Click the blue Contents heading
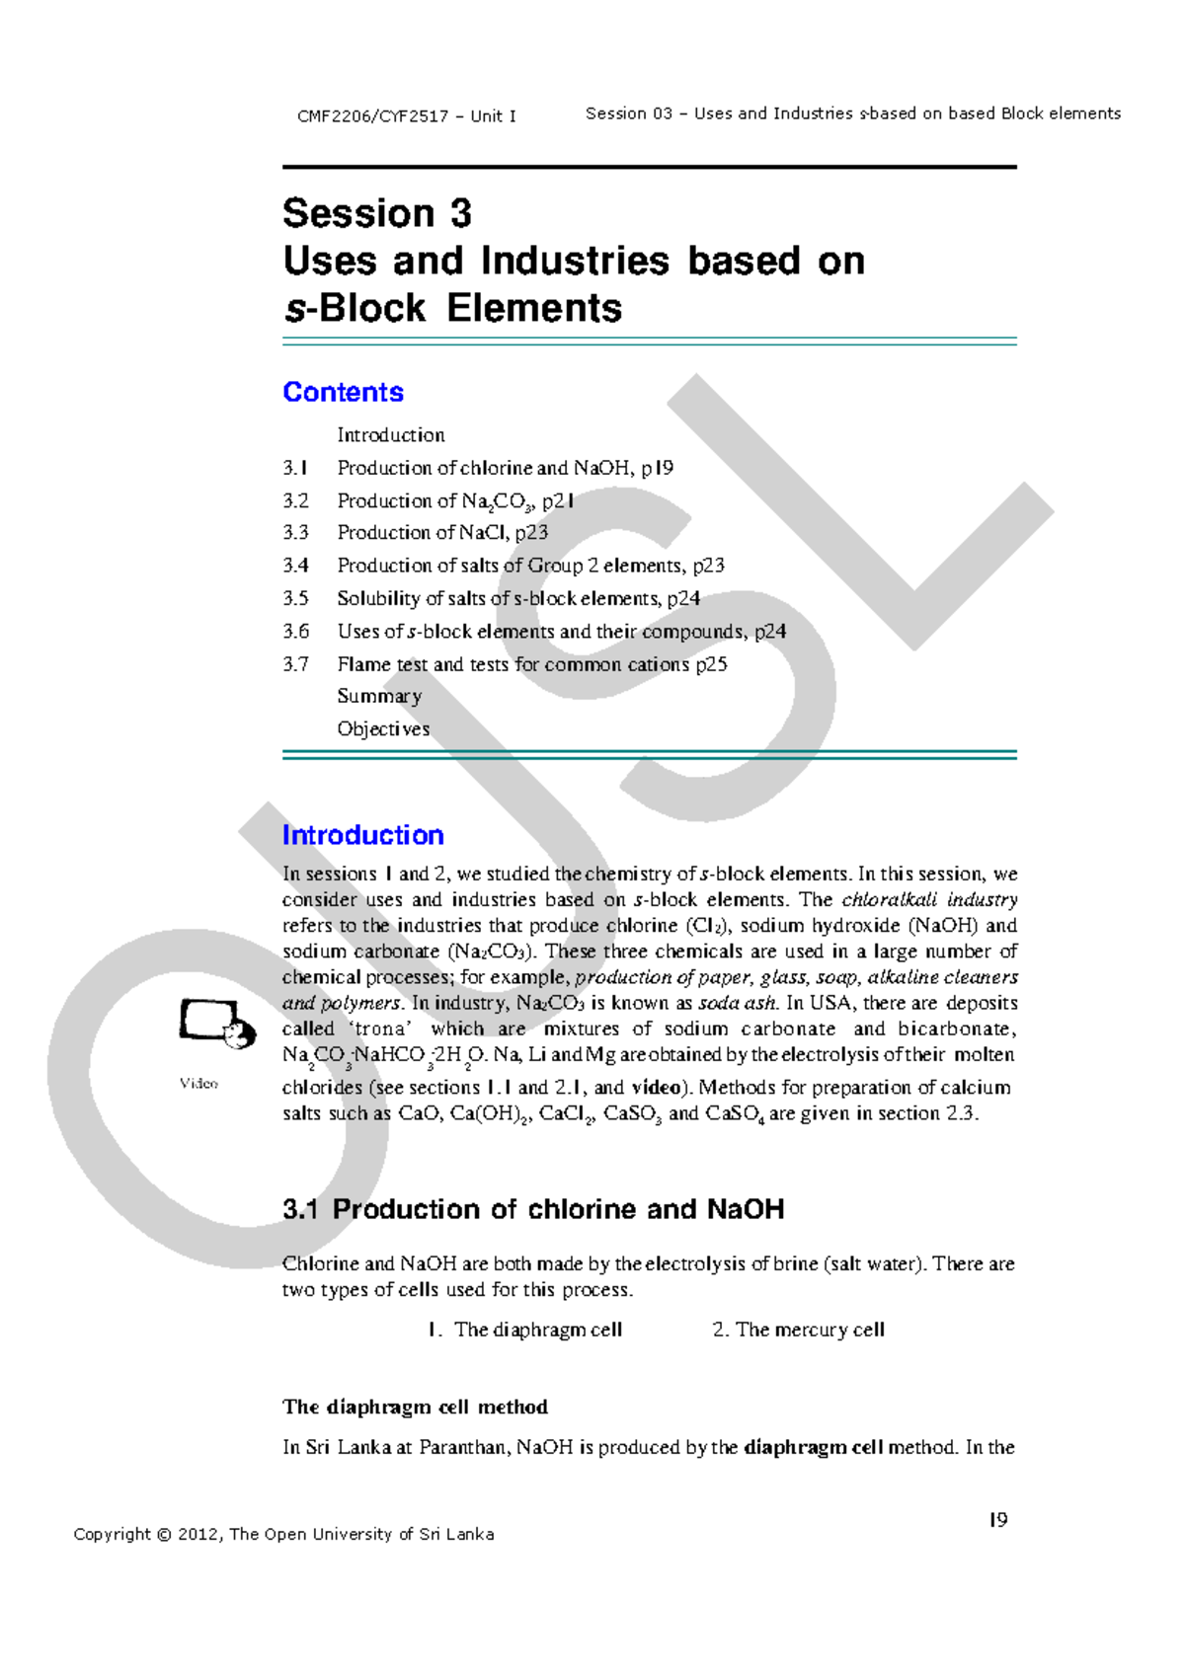pos(343,392)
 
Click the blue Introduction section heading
pos(362,835)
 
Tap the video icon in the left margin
pos(211,1023)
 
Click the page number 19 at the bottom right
pos(998,1520)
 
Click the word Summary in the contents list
pos(379,696)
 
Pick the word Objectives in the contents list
pos(383,728)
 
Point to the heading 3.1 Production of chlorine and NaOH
pos(533,1209)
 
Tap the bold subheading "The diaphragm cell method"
pos(415,1407)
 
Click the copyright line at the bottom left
pos(283,1534)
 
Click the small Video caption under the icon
pos(198,1084)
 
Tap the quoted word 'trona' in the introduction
pos(381,1028)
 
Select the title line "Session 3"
pos(377,213)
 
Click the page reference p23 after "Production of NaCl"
pos(531,533)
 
